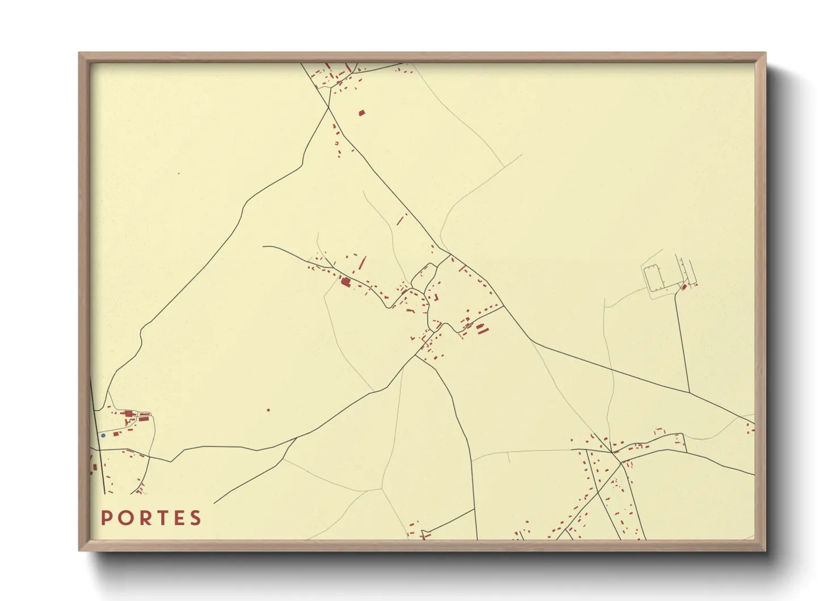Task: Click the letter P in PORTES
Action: coord(106,518)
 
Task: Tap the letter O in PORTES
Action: coord(124,518)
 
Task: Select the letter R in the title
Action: coord(142,518)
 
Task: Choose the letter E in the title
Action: coord(178,518)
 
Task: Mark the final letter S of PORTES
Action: coord(196,518)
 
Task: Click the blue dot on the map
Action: coord(103,436)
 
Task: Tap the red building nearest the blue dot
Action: coord(116,433)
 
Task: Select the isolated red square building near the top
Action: coord(361,112)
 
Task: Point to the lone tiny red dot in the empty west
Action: coord(178,173)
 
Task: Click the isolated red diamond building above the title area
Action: coord(268,410)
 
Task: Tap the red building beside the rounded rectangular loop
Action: coord(684,287)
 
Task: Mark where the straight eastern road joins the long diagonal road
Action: coord(688,393)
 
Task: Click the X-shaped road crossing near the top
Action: coord(329,106)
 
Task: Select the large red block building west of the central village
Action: coord(345,281)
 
